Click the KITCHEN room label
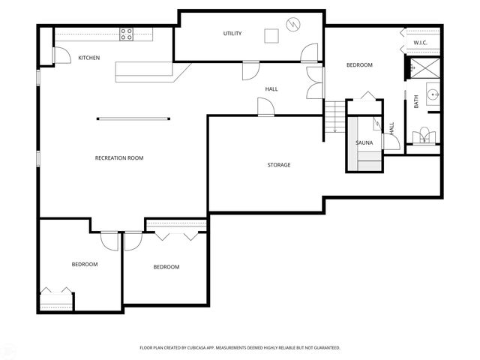coord(89,58)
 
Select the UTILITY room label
coord(232,34)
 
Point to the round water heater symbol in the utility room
coord(292,24)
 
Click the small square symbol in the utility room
coord(270,34)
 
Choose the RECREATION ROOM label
coord(119,157)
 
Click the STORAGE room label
coord(279,164)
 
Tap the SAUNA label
coord(364,142)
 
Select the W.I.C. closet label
coord(421,43)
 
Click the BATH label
coord(416,100)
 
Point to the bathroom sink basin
coord(433,95)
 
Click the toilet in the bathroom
coord(425,135)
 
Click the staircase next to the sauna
coord(335,117)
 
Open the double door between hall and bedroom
coord(316,82)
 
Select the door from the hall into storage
coord(265,108)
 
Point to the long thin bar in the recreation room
coord(133,117)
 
